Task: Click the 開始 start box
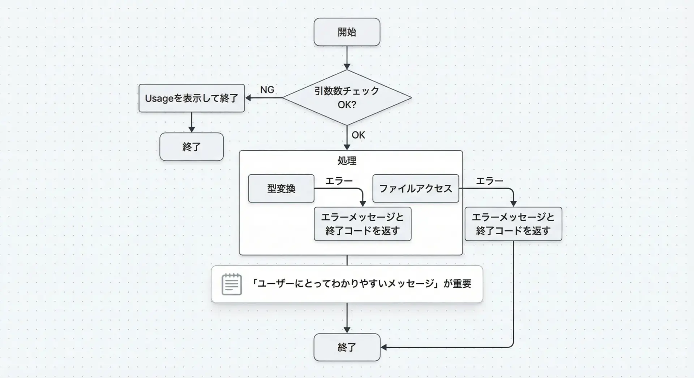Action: tap(347, 32)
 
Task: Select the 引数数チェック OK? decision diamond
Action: tap(347, 97)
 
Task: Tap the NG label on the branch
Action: tap(267, 90)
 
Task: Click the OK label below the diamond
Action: tap(358, 135)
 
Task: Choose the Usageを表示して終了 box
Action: tap(192, 98)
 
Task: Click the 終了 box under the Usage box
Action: tap(192, 147)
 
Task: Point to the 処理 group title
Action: tap(347, 160)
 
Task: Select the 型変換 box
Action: tap(281, 188)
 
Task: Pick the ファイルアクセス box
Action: tap(416, 188)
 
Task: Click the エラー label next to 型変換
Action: tap(339, 181)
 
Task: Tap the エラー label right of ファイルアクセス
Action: tap(489, 181)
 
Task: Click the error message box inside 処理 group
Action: tap(363, 224)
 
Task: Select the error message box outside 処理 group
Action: tap(513, 224)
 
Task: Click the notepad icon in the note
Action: tap(232, 284)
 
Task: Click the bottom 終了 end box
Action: tap(347, 347)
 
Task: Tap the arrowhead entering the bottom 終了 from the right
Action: tap(384, 347)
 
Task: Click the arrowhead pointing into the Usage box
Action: tap(248, 98)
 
